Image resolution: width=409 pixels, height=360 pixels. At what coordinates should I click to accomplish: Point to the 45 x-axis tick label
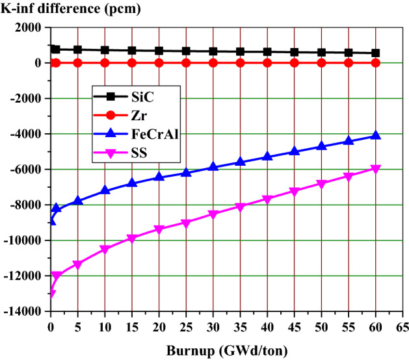point(294,324)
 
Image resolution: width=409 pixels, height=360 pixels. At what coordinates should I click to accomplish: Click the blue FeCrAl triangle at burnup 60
point(375,135)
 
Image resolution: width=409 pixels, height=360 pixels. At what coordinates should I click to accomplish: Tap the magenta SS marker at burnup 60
point(375,169)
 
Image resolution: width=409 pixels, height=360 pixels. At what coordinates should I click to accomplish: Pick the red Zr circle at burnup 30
point(213,63)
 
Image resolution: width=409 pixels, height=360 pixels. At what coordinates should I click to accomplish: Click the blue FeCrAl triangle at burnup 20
point(159,177)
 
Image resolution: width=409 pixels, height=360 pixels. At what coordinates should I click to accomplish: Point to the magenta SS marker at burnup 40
point(267,199)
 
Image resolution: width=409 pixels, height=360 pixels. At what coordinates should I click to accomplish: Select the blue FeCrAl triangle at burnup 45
point(294,151)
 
